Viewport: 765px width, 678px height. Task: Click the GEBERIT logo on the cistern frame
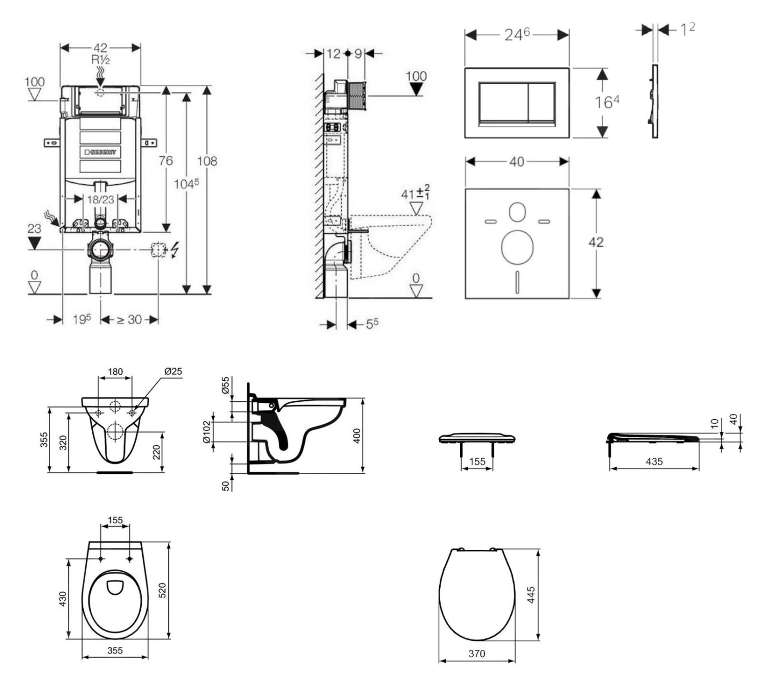tap(100, 152)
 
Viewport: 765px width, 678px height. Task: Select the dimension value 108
tap(207, 161)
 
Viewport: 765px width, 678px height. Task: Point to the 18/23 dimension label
tap(100, 199)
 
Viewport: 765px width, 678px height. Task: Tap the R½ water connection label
tap(100, 60)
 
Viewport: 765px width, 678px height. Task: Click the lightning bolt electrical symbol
tap(175, 250)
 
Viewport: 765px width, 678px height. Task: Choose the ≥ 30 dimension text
tap(129, 320)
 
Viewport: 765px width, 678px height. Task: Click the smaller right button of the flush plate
tap(541, 102)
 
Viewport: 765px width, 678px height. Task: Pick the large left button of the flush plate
tap(502, 102)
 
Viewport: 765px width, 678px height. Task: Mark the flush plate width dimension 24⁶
tap(517, 34)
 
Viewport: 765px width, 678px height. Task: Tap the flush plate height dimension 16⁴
tap(606, 102)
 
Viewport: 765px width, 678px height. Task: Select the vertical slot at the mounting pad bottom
tap(517, 281)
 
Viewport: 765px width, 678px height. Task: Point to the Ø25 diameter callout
tap(173, 371)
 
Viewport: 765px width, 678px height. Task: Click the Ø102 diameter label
tap(207, 432)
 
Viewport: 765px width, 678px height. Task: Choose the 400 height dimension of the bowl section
tap(356, 435)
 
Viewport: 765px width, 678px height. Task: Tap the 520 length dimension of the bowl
tap(163, 590)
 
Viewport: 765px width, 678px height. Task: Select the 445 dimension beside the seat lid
tap(531, 595)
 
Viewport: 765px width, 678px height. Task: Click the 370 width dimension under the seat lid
tap(477, 653)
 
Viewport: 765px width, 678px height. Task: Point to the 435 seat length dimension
tap(654, 462)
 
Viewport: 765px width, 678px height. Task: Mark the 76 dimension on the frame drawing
tap(165, 161)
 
